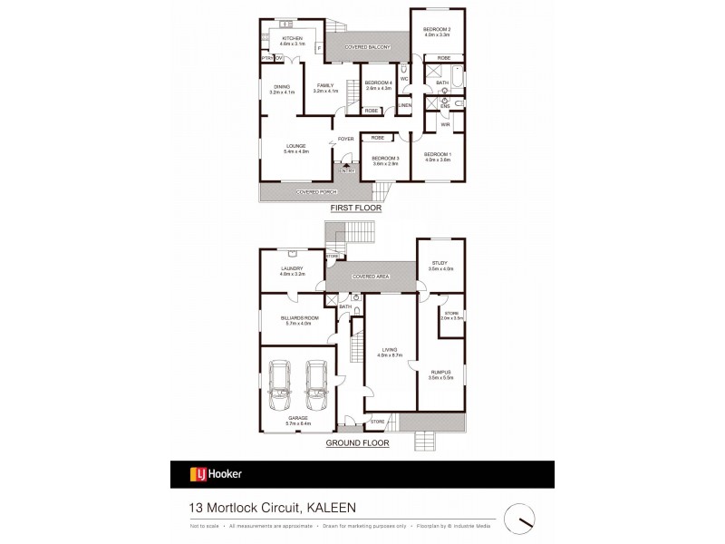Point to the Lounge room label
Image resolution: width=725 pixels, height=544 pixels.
(296, 147)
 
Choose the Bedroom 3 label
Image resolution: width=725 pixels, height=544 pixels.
(386, 160)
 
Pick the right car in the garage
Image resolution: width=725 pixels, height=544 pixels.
(315, 384)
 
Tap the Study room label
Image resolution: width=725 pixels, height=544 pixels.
(440, 265)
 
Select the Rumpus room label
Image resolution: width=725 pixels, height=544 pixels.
(440, 373)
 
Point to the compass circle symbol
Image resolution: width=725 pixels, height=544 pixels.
(520, 518)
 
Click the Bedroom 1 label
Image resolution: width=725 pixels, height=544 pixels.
(438, 157)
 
